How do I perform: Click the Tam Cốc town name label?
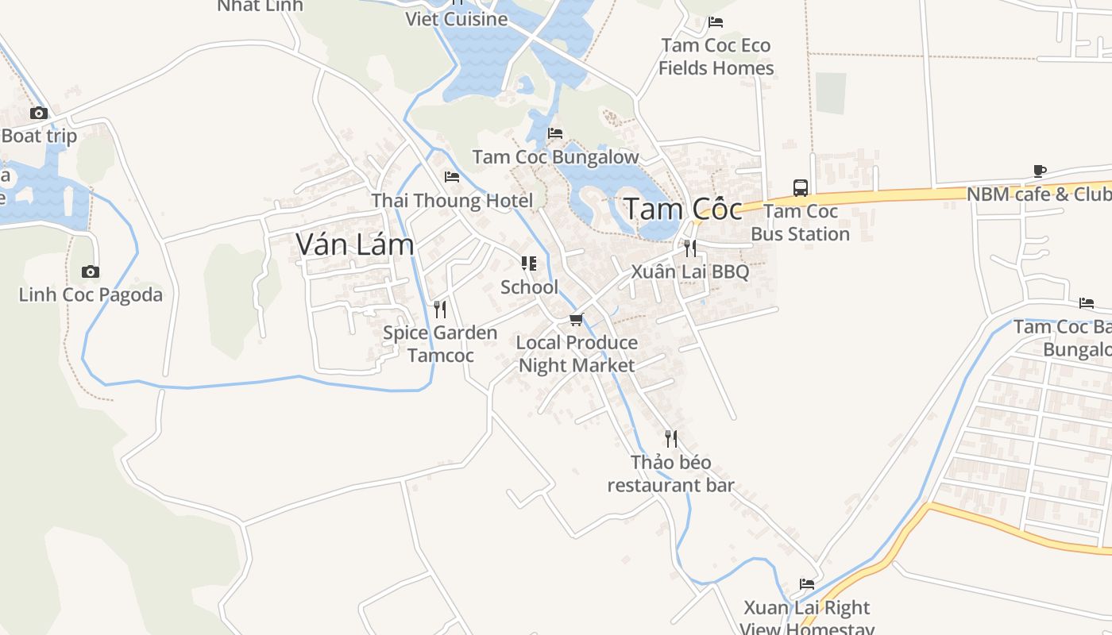pos(683,210)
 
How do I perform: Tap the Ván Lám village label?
pos(355,244)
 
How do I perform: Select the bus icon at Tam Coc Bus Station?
pos(801,188)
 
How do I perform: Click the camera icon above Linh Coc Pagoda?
pos(91,272)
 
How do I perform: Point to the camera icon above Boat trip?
pos(39,114)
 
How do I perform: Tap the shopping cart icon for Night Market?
pos(577,320)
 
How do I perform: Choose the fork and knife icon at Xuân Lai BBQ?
pos(689,248)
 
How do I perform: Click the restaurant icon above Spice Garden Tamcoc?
pos(440,310)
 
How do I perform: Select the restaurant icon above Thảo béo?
pos(671,439)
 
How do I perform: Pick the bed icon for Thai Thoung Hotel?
pos(452,177)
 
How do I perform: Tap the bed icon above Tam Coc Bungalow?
pos(555,133)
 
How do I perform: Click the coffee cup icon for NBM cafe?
pos(1040,171)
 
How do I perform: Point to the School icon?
pos(529,264)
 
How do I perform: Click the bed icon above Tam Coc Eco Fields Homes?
pos(716,22)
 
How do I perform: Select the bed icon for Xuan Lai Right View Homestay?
pos(807,584)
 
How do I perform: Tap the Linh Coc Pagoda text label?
pos(91,295)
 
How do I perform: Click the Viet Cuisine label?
pos(457,19)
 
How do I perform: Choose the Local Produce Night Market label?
pos(577,354)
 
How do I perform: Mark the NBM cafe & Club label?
pos(1038,194)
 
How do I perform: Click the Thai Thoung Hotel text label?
pos(452,201)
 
